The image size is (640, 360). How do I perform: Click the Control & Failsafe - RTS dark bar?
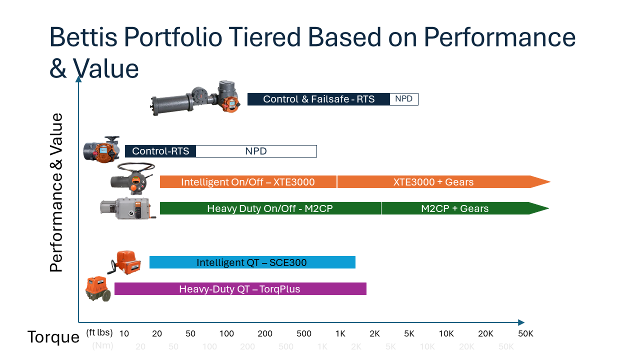[x=318, y=99]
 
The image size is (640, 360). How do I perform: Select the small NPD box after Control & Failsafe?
[x=403, y=99]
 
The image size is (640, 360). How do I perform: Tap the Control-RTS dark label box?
[x=160, y=151]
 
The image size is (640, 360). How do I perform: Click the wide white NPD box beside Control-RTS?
[x=256, y=151]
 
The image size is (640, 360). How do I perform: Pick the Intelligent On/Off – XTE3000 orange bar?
[x=248, y=182]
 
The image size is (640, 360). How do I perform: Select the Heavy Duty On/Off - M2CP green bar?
[x=270, y=208]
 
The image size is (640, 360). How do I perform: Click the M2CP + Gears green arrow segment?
[x=454, y=208]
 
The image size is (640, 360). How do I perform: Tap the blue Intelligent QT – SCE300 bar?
[x=251, y=262]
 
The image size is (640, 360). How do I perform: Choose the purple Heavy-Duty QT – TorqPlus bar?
[x=240, y=289]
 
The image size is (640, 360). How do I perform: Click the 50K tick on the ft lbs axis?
[x=525, y=333]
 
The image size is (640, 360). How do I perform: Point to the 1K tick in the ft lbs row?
[x=340, y=333]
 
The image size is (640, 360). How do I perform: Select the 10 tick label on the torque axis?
[x=124, y=333]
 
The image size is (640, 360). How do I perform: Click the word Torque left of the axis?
[x=53, y=337]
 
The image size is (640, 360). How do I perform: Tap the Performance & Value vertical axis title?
[x=57, y=192]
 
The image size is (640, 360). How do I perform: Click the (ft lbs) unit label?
[x=99, y=332]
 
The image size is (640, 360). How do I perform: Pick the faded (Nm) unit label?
[x=102, y=346]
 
